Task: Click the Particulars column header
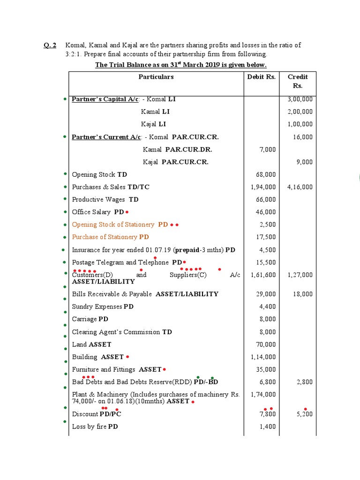click(x=156, y=77)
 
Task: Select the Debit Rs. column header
click(x=261, y=77)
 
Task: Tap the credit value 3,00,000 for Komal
click(x=300, y=99)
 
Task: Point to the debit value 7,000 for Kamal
click(x=267, y=150)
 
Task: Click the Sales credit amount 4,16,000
click(x=300, y=187)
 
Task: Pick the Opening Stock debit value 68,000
click(x=266, y=174)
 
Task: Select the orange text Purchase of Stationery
click(x=105, y=237)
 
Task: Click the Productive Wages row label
click(x=98, y=200)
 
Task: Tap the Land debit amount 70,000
click(x=266, y=345)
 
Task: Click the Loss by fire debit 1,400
click(x=268, y=427)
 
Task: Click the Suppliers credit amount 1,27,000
click(x=300, y=275)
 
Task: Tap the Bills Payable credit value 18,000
click(x=302, y=294)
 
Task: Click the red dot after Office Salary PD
click(x=127, y=212)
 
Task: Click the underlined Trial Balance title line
click(x=180, y=65)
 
